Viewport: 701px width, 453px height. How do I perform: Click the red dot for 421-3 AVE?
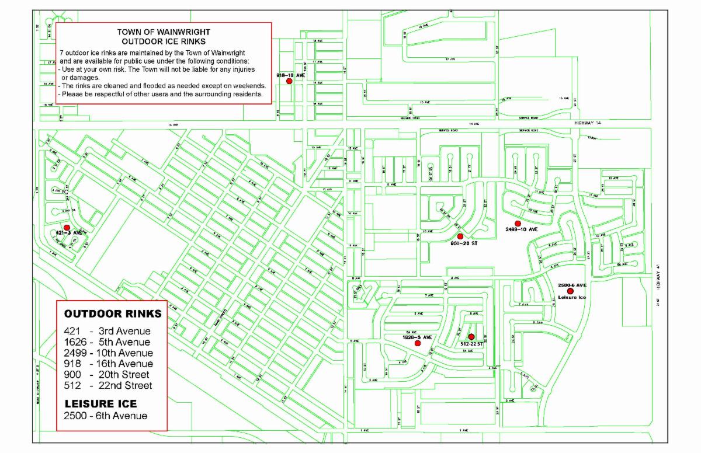(67, 228)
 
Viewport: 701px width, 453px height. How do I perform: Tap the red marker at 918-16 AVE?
(289, 81)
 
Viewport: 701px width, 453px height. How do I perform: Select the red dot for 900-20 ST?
(460, 236)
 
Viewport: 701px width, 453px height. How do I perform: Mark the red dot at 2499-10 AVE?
(518, 224)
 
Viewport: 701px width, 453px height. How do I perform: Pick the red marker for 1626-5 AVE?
(418, 343)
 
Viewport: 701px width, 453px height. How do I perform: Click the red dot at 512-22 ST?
(471, 337)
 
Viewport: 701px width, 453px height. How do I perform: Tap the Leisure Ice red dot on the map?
(570, 291)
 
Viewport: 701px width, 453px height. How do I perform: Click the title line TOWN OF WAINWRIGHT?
(163, 33)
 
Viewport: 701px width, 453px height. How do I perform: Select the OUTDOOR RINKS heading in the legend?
(113, 313)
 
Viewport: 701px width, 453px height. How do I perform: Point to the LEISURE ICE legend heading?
(100, 403)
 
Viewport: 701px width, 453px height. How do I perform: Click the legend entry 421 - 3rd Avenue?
(107, 331)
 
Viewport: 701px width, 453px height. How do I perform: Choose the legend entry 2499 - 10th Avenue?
(109, 353)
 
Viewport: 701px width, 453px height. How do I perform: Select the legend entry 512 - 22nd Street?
(108, 385)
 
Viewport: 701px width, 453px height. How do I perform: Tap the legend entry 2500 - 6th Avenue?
(106, 416)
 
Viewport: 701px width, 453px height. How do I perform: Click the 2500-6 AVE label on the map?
(572, 284)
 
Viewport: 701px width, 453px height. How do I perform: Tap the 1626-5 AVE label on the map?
(417, 337)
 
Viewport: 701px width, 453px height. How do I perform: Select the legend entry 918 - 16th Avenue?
(109, 364)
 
